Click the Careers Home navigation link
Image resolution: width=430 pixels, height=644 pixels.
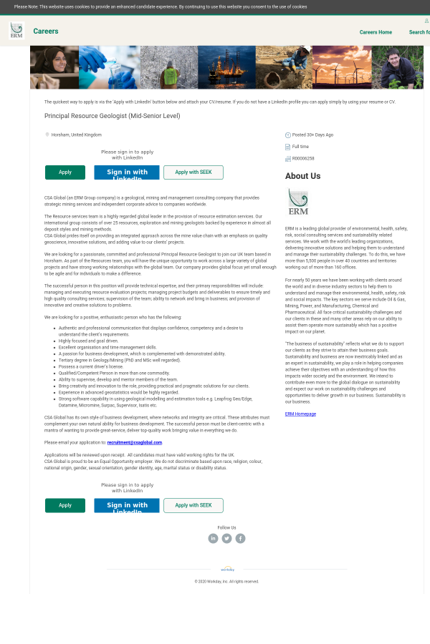click(376, 32)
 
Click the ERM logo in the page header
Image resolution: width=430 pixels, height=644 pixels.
click(16, 30)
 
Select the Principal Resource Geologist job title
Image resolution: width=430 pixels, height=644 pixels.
click(112, 116)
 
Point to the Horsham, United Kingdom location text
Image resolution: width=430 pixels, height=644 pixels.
click(76, 135)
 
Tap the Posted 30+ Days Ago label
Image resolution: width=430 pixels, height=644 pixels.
click(312, 135)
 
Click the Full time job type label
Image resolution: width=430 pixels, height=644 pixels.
click(300, 147)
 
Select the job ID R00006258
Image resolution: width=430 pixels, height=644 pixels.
click(303, 159)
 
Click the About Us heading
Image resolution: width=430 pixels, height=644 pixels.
click(302, 176)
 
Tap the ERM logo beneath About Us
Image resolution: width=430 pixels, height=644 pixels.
click(297, 201)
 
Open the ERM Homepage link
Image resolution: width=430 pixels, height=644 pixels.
click(300, 414)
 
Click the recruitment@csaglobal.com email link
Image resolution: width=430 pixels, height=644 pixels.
click(135, 442)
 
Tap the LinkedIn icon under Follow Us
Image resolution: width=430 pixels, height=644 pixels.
click(213, 538)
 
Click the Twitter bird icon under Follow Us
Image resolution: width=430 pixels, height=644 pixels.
click(226, 538)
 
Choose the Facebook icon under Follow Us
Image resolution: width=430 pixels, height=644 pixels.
click(240, 538)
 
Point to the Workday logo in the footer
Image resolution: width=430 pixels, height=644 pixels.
click(227, 570)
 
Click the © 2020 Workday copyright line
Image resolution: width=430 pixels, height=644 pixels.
click(226, 581)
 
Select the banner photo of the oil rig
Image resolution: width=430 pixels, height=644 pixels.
click(226, 67)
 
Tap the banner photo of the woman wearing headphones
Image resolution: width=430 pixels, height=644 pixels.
click(54, 67)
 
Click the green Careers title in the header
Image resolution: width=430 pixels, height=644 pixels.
click(46, 31)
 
